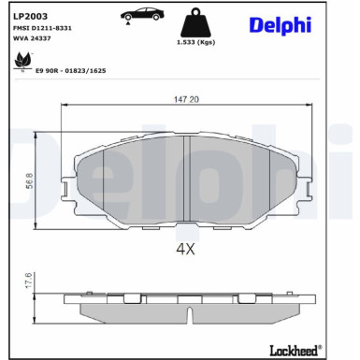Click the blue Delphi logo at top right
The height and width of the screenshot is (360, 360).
(280, 25)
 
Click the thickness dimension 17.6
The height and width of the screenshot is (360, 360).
(29, 281)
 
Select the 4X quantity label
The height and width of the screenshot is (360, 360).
(184, 250)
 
